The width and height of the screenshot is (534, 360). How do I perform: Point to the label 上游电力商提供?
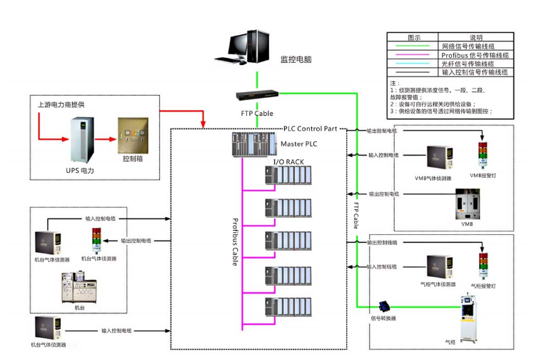click(x=61, y=104)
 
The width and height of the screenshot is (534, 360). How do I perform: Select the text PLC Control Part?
click(x=314, y=129)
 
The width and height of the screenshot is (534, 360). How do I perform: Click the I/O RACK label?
click(x=288, y=162)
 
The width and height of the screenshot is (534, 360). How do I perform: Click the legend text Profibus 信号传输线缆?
click(x=475, y=55)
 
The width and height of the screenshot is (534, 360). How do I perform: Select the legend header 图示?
click(x=413, y=38)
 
